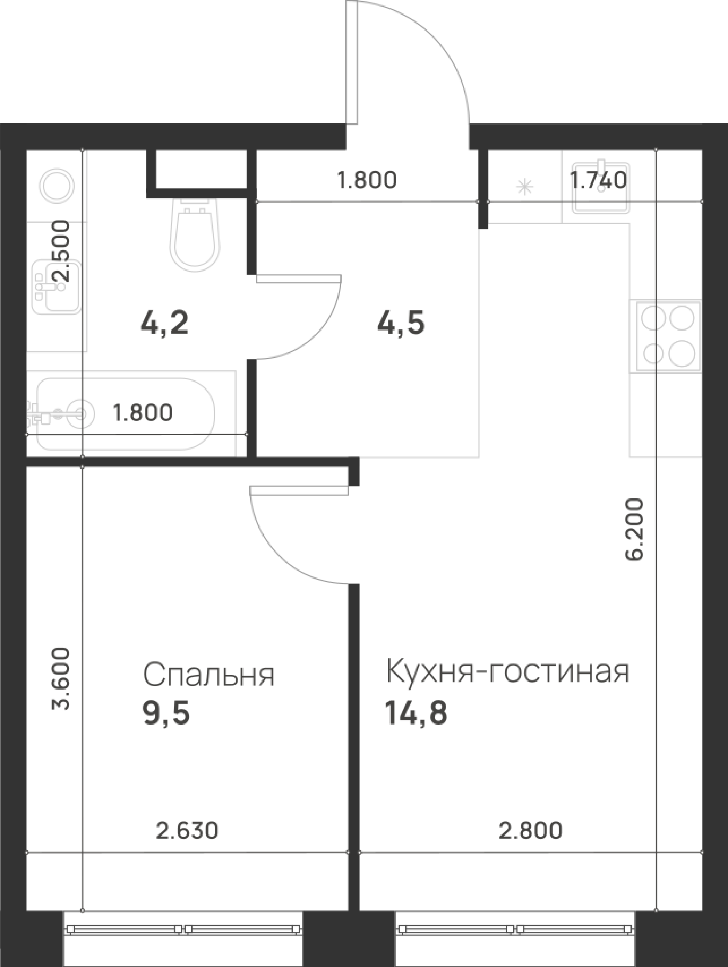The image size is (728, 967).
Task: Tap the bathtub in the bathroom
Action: [x=127, y=414]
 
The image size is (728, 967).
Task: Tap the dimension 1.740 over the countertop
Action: [x=599, y=180]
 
